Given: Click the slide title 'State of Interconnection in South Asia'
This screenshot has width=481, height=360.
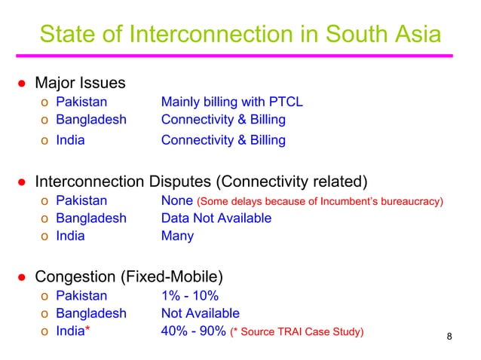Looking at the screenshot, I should coord(240,34).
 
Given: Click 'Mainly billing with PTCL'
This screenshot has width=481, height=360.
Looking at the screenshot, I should coord(232,102).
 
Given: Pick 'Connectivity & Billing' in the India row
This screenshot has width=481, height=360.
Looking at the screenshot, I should coord(223,140).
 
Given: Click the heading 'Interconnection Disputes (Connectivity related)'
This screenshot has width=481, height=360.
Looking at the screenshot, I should coord(201,182).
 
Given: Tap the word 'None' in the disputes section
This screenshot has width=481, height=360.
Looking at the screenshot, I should coord(176,201).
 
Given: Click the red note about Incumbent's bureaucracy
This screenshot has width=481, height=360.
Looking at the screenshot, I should coord(320,202).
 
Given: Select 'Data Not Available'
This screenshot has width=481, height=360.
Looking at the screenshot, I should coord(216,218).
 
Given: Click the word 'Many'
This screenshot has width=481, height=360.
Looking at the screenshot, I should coord(177,236).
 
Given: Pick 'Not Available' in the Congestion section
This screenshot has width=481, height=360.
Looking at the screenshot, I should coord(200,313).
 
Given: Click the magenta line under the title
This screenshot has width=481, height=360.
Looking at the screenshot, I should coord(240,55).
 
